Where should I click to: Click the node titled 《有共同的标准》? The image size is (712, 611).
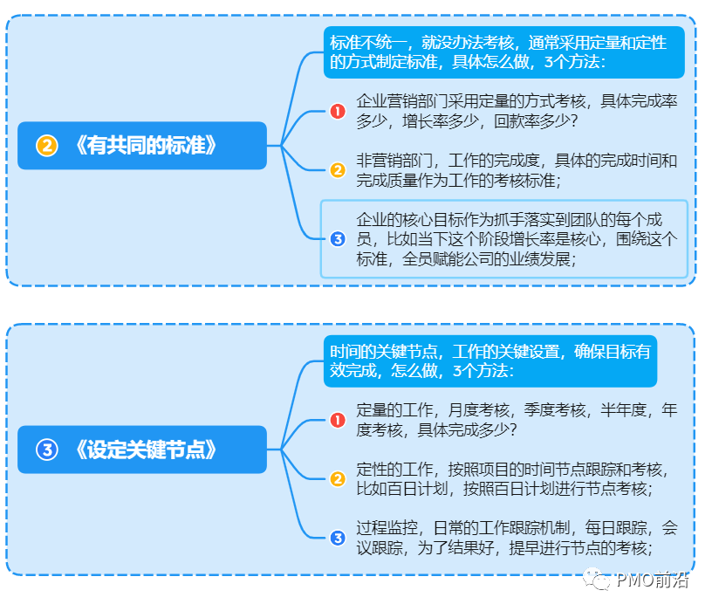142,145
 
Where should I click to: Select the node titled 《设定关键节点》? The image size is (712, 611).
142,450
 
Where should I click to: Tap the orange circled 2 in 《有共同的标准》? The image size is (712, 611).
47,146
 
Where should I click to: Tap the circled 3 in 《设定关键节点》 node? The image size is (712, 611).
47,450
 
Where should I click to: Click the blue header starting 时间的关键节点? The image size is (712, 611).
489,360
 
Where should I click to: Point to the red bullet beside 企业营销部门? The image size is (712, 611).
338,111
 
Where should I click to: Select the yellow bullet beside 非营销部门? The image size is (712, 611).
338,170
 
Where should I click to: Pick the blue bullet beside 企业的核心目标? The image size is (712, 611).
338,238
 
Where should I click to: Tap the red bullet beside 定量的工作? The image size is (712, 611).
338,420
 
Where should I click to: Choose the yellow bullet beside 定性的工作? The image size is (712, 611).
338,478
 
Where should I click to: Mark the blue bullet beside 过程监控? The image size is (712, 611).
338,538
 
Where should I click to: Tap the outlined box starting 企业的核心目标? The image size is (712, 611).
503,238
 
